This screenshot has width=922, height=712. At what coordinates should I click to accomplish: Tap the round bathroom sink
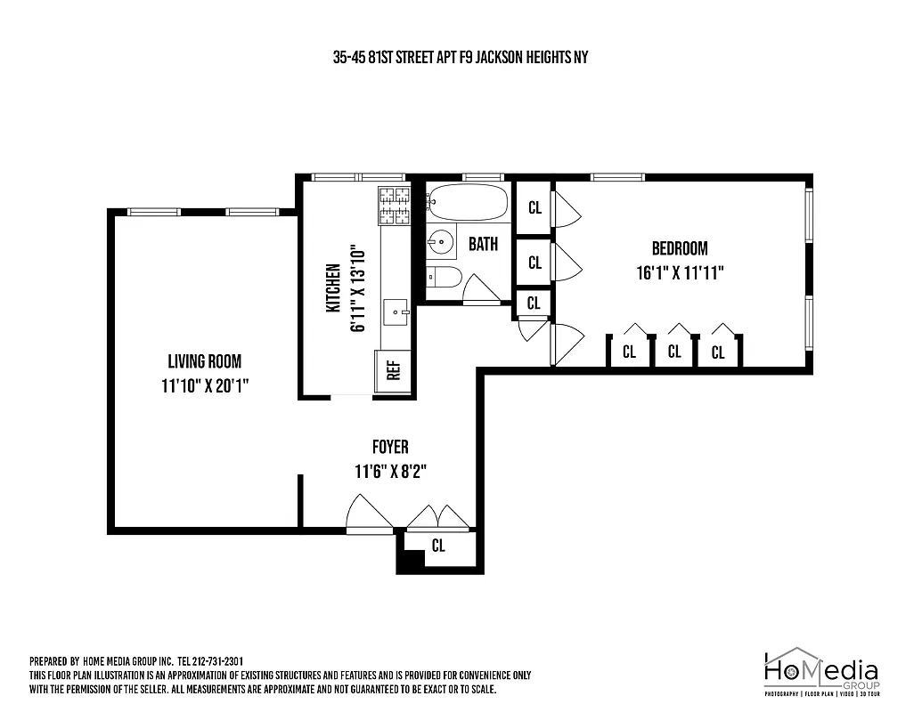click(x=440, y=241)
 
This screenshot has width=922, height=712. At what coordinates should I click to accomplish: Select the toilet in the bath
click(x=443, y=278)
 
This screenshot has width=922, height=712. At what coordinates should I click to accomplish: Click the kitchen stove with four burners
click(x=395, y=206)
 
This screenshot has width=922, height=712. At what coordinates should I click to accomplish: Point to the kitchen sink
click(x=396, y=311)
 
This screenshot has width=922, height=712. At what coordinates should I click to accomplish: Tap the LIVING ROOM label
click(x=204, y=361)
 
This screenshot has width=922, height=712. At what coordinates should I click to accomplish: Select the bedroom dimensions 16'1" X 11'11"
click(x=678, y=272)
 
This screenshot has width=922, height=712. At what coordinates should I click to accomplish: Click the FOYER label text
click(x=390, y=448)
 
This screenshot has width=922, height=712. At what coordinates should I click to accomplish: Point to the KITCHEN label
click(x=333, y=288)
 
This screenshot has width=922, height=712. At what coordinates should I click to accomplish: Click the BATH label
click(x=483, y=244)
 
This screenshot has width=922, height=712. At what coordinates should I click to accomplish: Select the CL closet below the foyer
click(x=437, y=546)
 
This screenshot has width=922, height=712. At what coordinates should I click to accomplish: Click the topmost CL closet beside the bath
click(x=534, y=207)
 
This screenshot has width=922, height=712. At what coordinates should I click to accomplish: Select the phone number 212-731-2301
click(x=218, y=662)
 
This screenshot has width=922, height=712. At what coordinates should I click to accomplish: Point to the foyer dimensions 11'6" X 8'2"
click(x=390, y=472)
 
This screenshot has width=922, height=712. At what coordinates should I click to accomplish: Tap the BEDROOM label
click(x=679, y=248)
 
